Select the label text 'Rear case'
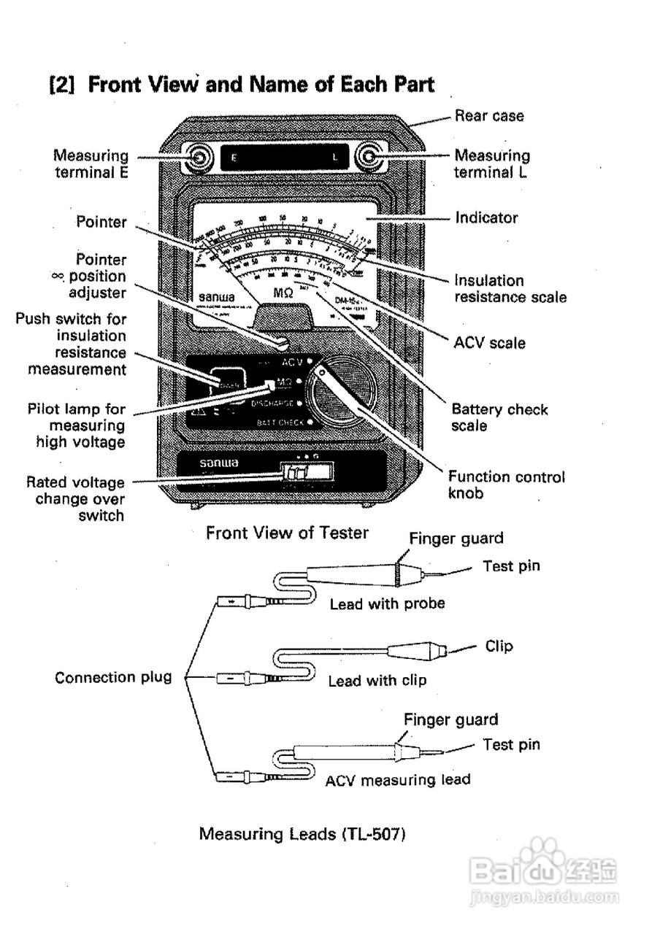pos(489,115)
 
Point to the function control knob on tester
pos(339,395)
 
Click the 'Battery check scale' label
pos(499,417)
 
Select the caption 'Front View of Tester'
pos(287,533)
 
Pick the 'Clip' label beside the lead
pos(499,647)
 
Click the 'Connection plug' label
pos(113,677)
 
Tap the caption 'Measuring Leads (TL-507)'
pos(302,833)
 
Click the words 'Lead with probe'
pos(387,603)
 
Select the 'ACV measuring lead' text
pos(397,779)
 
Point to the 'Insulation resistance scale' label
pos(510,288)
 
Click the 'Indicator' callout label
pos(486,217)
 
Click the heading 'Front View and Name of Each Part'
pos(241,85)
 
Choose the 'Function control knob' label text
pos(506,485)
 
